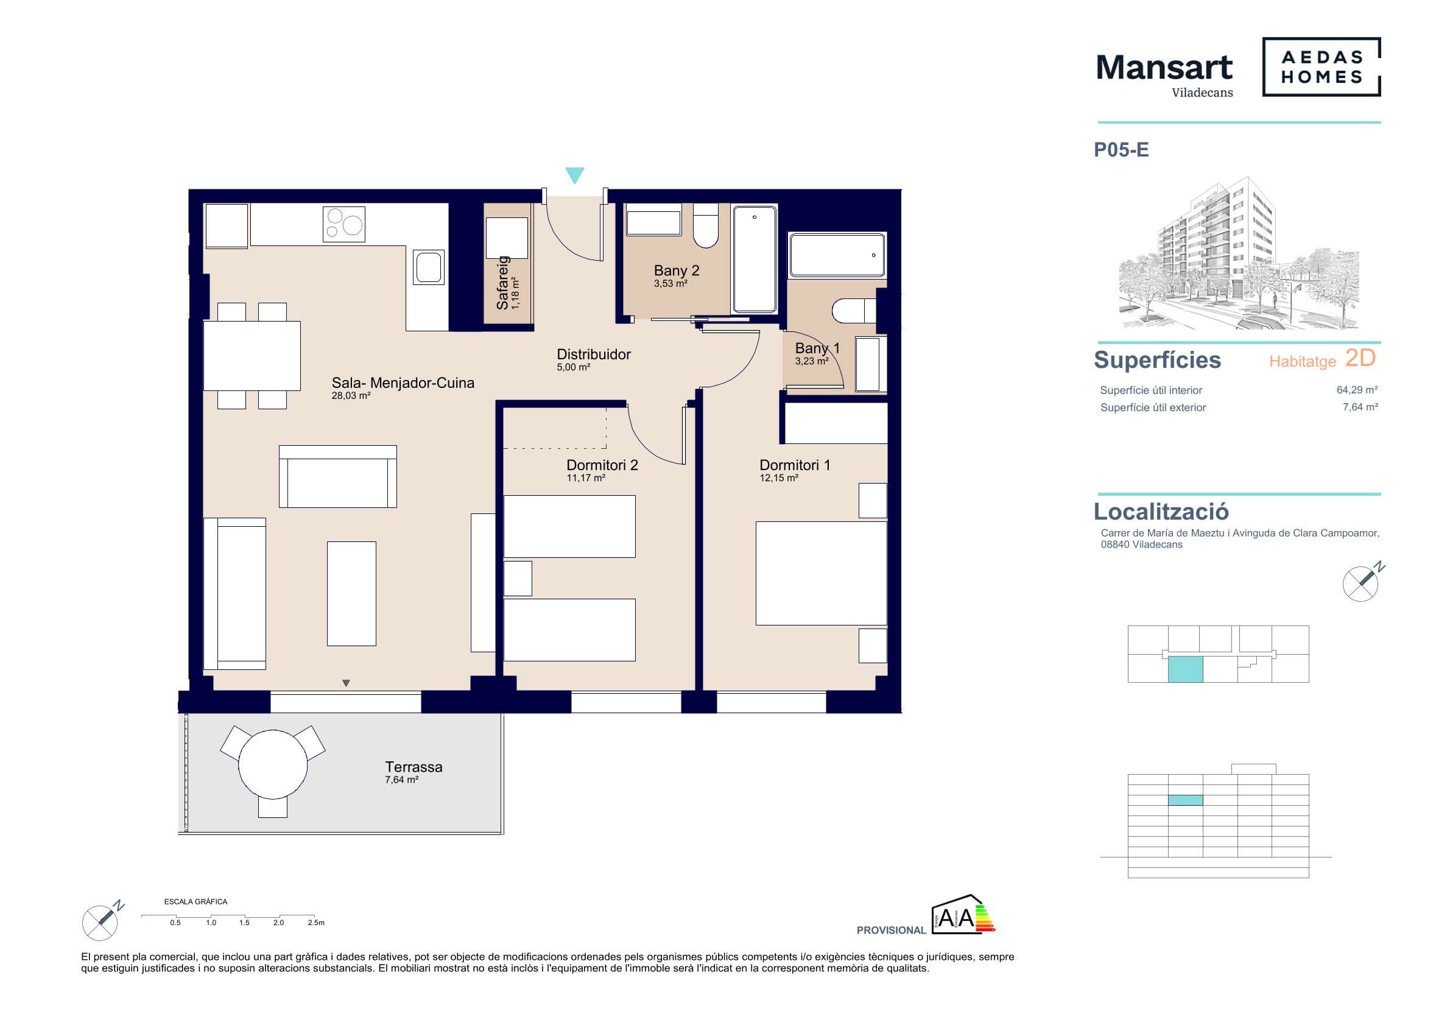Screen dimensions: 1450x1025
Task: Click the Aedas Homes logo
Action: click(1321, 67)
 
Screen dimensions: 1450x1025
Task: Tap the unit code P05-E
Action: click(1121, 150)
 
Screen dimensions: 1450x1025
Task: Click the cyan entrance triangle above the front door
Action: click(575, 175)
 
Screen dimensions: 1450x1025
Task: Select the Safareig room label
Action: click(502, 283)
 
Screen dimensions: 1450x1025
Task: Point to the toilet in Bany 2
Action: click(705, 225)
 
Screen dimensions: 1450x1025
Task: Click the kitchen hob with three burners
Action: click(344, 224)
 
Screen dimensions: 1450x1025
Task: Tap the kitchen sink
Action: click(429, 267)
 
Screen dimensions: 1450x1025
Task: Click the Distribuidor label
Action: click(594, 354)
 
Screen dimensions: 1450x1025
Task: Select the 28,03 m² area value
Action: click(351, 396)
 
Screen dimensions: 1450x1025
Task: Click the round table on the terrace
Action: click(273, 764)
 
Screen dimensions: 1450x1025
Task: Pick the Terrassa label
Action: click(414, 767)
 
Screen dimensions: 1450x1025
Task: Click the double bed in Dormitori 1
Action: click(822, 573)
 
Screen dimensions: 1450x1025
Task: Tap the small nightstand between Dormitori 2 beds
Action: click(518, 579)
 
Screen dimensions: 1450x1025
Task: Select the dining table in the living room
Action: click(252, 356)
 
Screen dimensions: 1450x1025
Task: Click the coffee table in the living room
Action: click(352, 594)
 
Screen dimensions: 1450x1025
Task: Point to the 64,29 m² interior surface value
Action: click(1357, 390)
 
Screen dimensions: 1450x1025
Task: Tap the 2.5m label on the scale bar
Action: click(317, 923)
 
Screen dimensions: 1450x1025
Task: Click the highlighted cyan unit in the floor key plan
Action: click(1185, 669)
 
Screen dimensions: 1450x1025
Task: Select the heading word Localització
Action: click(1161, 512)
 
